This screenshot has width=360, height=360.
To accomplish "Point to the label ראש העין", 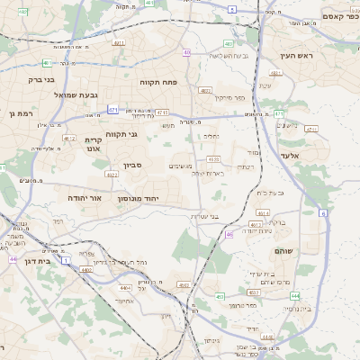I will click(x=294, y=56).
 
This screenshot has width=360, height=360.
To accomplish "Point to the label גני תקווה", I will click(x=121, y=135).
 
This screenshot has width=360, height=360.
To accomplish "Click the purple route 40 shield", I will click(x=186, y=53).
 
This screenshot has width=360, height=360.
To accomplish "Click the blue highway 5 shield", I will click(x=231, y=9).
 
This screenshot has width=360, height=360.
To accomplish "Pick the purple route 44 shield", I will click(x=13, y=259).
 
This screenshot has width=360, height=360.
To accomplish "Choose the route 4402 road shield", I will click(x=87, y=268).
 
